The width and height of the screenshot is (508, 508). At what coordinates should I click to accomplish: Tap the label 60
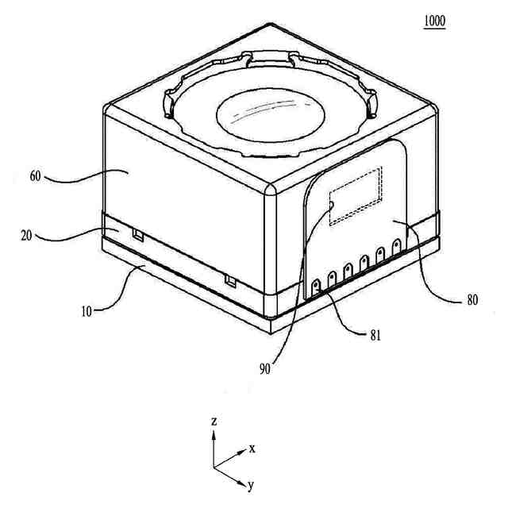(36, 176)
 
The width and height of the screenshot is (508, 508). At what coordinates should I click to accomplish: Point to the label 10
(86, 310)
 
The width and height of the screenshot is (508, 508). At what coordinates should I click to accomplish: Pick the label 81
(375, 334)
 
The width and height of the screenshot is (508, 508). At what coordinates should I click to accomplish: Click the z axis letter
(214, 421)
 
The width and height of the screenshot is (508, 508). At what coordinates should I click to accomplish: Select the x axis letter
(252, 448)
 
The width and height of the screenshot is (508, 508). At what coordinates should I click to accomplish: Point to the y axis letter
(250, 484)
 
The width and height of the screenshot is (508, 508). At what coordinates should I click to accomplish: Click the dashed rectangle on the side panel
(356, 196)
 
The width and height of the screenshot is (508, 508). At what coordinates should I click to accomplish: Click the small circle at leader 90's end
(332, 204)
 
